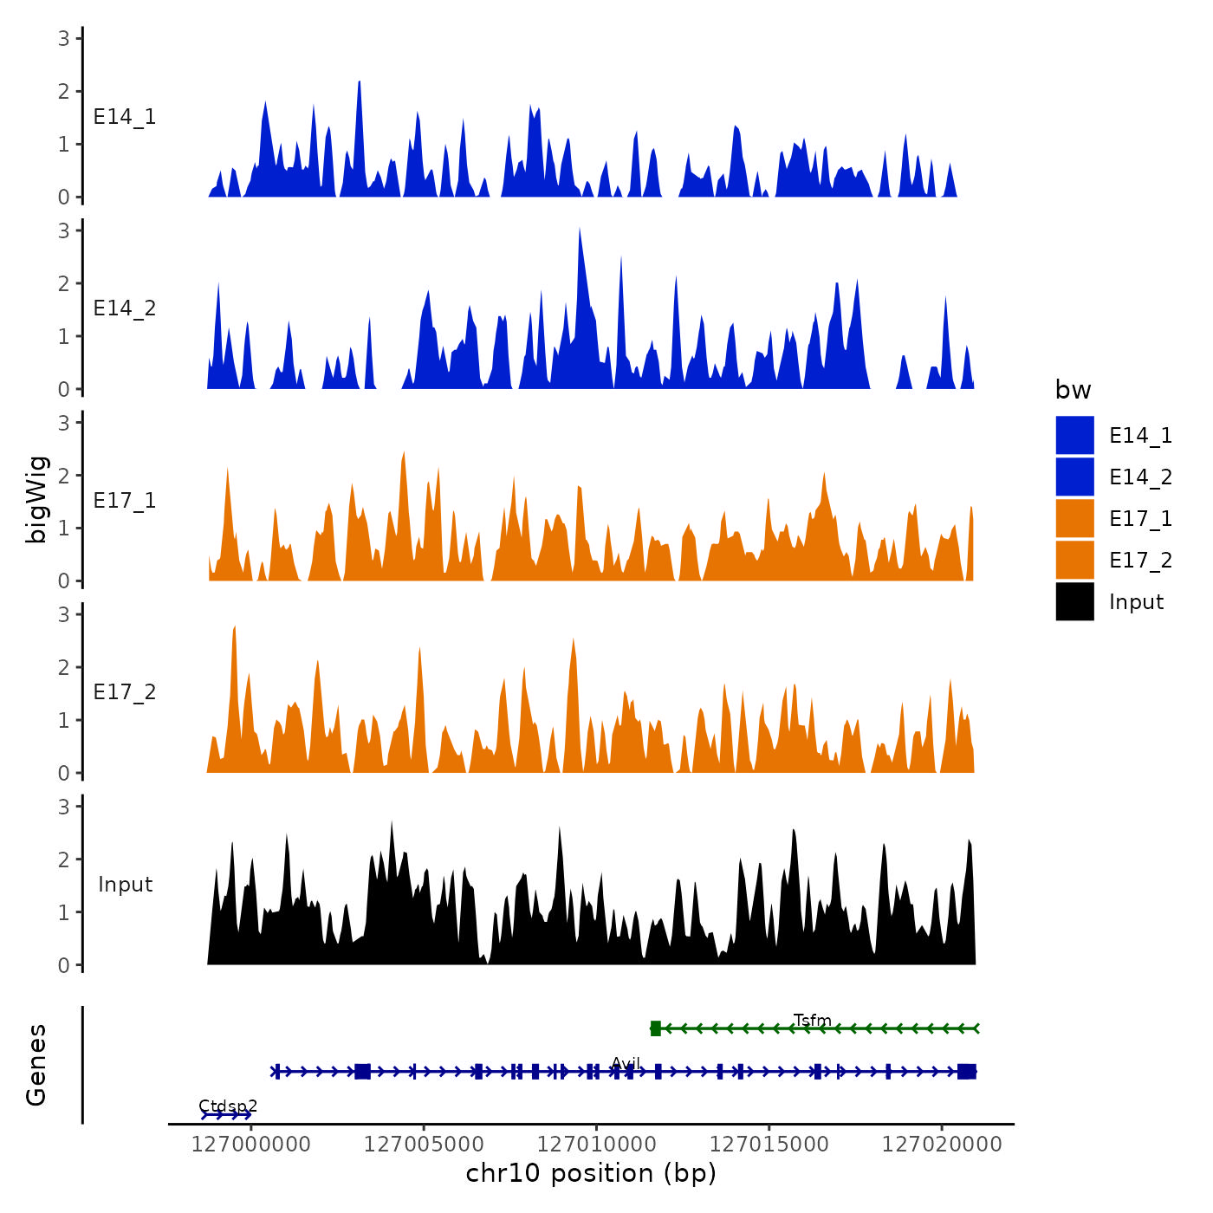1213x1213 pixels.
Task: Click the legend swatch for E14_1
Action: coord(1074,435)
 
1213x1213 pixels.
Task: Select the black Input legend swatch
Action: coord(1074,601)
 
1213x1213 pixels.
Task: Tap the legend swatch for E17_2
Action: coord(1074,560)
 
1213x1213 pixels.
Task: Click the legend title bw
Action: coord(1073,391)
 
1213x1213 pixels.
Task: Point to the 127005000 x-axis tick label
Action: coord(424,1145)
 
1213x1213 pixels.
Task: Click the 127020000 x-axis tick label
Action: coord(942,1145)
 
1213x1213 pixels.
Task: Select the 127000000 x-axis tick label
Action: coord(251,1145)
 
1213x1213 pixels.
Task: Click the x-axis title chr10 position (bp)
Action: coord(591,1173)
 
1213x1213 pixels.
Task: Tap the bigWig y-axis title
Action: coord(37,500)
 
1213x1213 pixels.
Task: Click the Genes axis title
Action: coord(37,1065)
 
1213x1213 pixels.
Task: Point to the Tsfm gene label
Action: coord(812,1020)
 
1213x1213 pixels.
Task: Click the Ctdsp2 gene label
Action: coord(228,1106)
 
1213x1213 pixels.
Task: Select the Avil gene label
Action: coord(625,1063)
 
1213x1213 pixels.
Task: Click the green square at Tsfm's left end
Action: coord(656,1028)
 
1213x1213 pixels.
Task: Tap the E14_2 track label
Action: coord(125,308)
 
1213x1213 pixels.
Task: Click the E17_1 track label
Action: coord(125,501)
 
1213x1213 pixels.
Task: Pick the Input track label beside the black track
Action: coord(125,885)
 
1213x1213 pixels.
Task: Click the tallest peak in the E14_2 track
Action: coord(580,230)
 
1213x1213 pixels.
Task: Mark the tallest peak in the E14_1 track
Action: coord(359,83)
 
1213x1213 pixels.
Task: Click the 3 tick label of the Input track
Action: coord(64,807)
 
